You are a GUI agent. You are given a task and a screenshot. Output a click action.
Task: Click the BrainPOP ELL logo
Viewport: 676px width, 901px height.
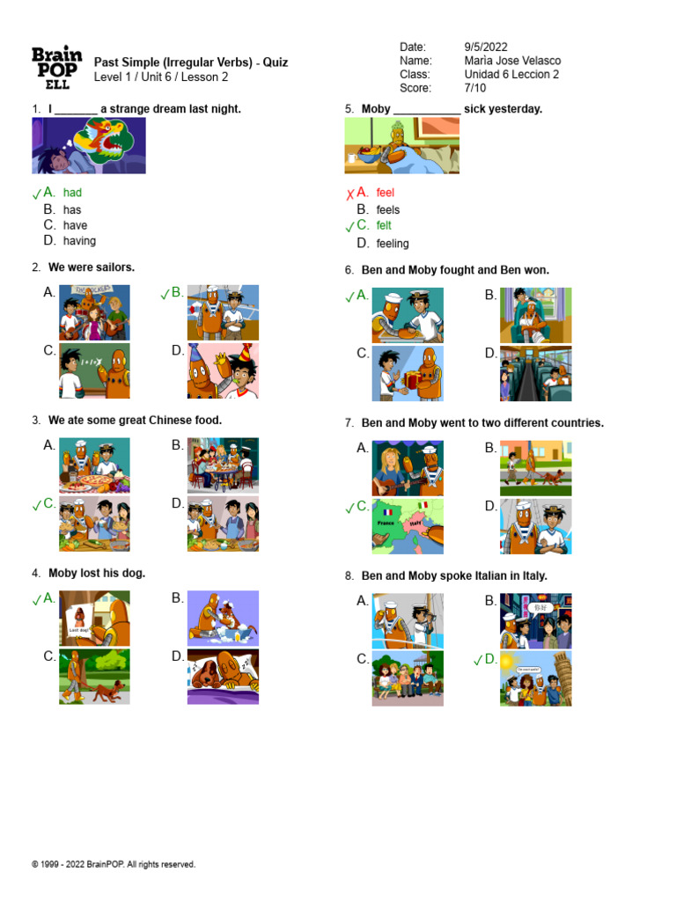pyautogui.click(x=56, y=68)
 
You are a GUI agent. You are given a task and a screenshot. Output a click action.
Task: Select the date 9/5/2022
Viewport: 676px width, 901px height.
pyautogui.click(x=485, y=47)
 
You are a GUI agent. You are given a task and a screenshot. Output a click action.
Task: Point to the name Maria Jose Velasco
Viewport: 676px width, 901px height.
pyautogui.click(x=512, y=61)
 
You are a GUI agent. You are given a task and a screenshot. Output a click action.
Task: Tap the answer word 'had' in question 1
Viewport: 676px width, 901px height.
pyautogui.click(x=72, y=192)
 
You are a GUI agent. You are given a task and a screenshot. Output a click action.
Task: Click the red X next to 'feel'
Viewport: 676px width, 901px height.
pyautogui.click(x=349, y=194)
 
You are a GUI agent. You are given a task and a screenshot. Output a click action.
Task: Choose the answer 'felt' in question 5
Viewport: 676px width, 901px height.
pyautogui.click(x=384, y=225)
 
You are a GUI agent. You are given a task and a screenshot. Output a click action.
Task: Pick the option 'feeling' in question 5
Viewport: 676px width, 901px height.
pyautogui.click(x=393, y=243)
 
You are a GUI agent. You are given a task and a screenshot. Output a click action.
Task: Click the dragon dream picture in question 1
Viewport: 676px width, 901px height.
pyautogui.click(x=89, y=146)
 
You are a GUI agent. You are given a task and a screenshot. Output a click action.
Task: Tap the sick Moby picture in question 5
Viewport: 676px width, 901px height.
pyautogui.click(x=401, y=146)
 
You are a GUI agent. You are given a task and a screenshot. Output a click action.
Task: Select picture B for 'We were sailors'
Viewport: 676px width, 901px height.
pyautogui.click(x=223, y=312)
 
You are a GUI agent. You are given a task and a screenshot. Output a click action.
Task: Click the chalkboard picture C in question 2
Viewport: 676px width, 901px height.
pyautogui.click(x=94, y=370)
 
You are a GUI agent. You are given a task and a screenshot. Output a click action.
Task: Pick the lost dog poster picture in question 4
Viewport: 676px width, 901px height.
pyautogui.click(x=94, y=619)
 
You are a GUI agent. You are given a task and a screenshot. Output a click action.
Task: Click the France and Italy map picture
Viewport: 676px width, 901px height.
pyautogui.click(x=408, y=526)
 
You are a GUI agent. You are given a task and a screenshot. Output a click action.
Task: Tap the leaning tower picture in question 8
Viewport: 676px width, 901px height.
pyautogui.click(x=535, y=678)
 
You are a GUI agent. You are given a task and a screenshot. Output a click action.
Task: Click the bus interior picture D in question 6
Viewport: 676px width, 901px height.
pyautogui.click(x=535, y=373)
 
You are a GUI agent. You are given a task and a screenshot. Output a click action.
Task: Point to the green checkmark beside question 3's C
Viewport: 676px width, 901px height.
pyautogui.click(x=36, y=506)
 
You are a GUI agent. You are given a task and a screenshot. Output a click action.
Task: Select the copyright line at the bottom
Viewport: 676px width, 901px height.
pyautogui.click(x=114, y=865)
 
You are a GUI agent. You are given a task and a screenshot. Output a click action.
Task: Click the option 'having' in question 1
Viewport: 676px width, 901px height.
pyautogui.click(x=79, y=240)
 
